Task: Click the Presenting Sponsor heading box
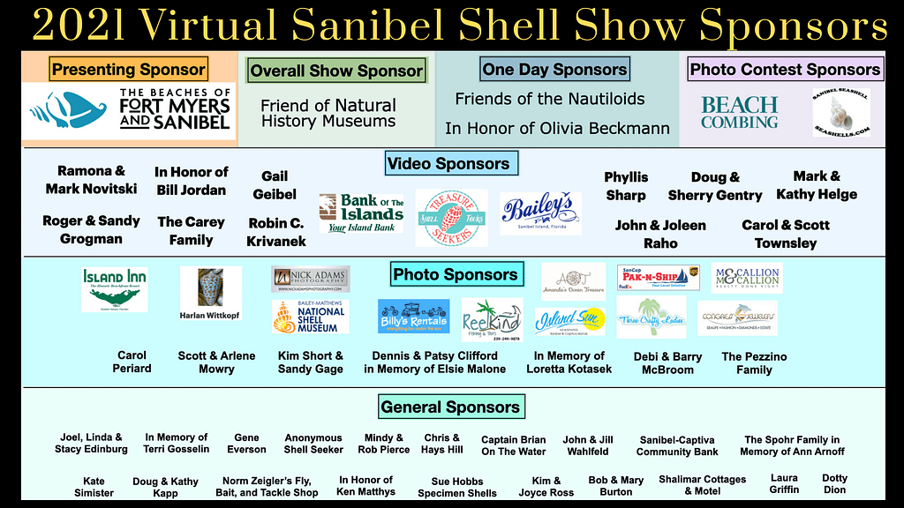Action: (x=128, y=69)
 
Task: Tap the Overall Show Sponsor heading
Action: (x=336, y=71)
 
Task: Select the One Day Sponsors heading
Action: (x=554, y=69)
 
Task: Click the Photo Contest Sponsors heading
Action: (x=785, y=69)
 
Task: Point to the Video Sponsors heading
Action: (x=448, y=163)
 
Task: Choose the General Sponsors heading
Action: (x=450, y=407)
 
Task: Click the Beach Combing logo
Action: (x=740, y=113)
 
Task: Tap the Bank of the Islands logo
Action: (x=360, y=213)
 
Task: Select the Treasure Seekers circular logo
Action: (x=451, y=218)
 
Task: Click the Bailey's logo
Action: (x=540, y=213)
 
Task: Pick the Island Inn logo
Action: (x=115, y=289)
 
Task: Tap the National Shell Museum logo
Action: (x=310, y=317)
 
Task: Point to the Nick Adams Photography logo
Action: (x=310, y=279)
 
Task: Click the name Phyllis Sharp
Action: (x=626, y=186)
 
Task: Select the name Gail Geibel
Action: (x=275, y=185)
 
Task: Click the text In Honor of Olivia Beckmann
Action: (x=557, y=129)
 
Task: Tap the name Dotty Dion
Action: (x=834, y=484)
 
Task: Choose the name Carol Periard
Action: (x=132, y=362)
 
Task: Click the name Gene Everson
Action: (x=246, y=443)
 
